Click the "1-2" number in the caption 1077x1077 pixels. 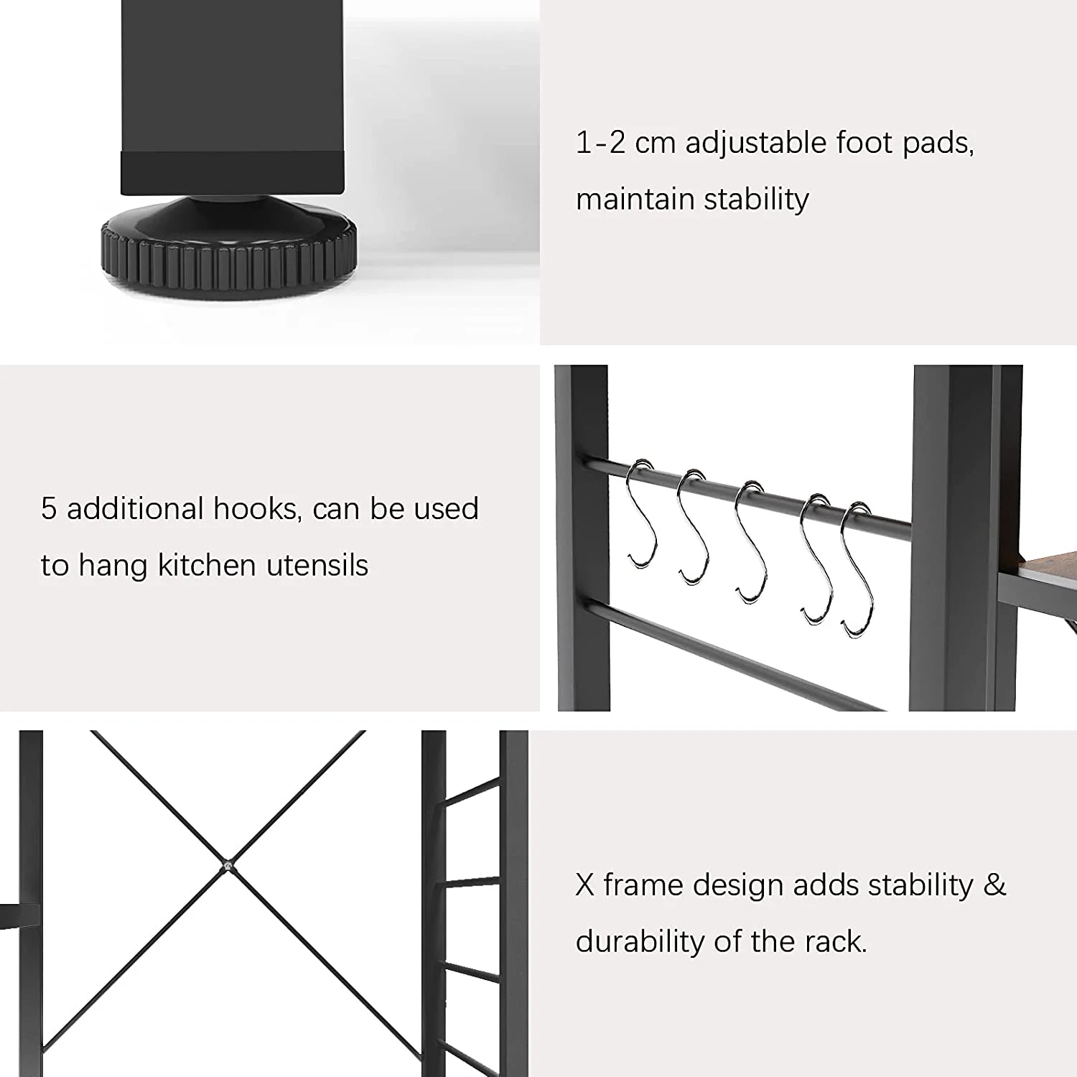[x=600, y=142]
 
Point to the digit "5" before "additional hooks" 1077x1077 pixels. [x=48, y=508]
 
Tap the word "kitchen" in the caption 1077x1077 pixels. [x=207, y=565]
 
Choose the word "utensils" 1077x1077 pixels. [x=317, y=565]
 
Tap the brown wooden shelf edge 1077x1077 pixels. [x=1038, y=564]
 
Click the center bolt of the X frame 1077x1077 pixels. [x=227, y=867]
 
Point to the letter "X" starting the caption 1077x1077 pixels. [x=585, y=885]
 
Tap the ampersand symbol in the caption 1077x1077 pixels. [x=995, y=885]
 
